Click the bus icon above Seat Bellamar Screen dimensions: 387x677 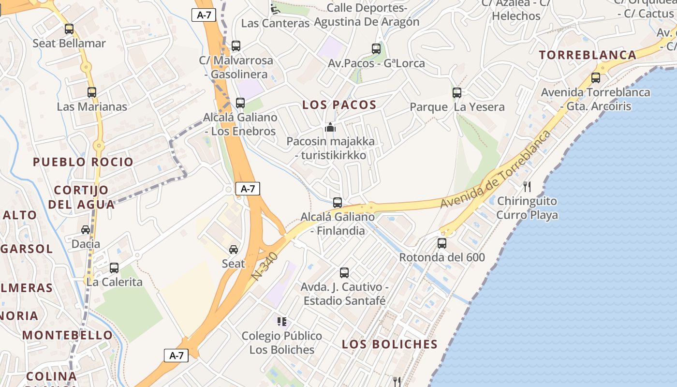69,29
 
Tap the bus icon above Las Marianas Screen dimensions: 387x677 92,92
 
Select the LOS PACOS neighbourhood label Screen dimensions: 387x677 339,105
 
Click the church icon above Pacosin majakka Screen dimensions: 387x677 330,127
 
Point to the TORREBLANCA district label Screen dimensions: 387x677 588,55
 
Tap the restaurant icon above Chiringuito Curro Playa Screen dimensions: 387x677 527,186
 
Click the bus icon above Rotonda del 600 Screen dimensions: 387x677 442,243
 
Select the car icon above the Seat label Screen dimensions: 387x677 234,250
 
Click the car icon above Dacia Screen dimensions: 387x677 86,230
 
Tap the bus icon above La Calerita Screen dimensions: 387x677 114,268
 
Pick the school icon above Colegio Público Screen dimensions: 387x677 282,321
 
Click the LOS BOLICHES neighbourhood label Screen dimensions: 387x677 389,344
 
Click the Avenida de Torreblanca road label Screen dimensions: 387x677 496,170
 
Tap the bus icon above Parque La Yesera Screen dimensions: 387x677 456,92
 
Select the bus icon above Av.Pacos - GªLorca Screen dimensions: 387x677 376,48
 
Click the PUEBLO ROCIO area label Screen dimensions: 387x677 83,162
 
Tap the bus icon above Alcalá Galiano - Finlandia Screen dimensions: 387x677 338,202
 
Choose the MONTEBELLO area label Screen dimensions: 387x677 67,335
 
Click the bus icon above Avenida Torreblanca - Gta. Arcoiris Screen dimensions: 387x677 595,77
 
